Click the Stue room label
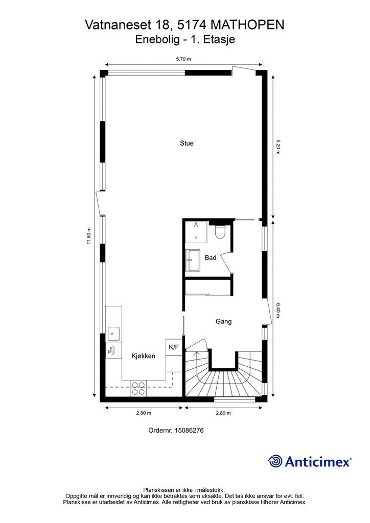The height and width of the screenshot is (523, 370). tap(187, 144)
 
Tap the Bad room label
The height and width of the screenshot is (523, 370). tap(211, 257)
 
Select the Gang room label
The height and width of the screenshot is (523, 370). tap(223, 321)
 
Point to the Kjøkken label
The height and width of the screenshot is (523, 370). tap(143, 356)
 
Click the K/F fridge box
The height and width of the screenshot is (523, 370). tap(174, 347)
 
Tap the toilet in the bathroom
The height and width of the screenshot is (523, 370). tap(220, 232)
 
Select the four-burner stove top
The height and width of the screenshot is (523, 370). tap(138, 389)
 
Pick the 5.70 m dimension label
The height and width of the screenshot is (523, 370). tap(183, 59)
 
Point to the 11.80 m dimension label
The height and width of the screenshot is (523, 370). tap(89, 236)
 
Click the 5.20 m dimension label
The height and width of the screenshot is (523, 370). tap(278, 147)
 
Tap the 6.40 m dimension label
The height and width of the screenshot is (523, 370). tap(278, 310)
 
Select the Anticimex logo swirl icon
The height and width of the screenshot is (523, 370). tap(275, 461)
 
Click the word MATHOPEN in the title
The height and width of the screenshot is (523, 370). tap(248, 25)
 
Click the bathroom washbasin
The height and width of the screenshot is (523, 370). tap(193, 260)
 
